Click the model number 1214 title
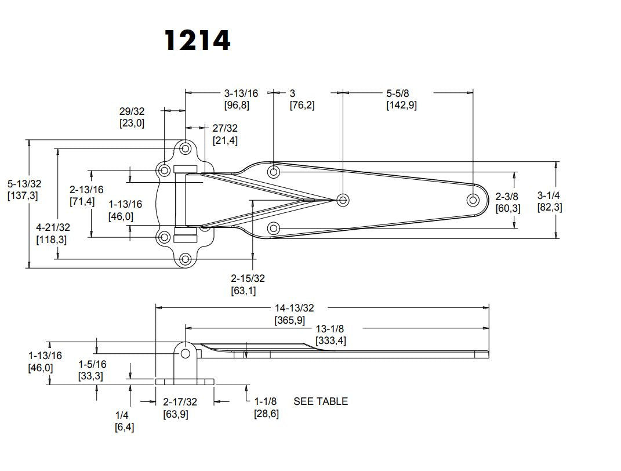point(197,41)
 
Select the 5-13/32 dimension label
point(24,184)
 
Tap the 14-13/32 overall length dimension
point(293,308)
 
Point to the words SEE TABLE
point(321,401)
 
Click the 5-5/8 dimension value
point(401,93)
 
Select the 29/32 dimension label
point(132,110)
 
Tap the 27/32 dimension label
point(225,128)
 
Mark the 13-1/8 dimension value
point(331,328)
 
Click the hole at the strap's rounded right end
point(473,200)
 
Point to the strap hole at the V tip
point(343,200)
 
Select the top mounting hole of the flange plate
point(186,148)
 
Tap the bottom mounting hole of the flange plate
point(186,259)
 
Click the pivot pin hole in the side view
point(186,353)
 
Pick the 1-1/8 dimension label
point(266,401)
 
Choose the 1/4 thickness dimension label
point(122,415)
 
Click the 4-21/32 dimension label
point(53,227)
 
